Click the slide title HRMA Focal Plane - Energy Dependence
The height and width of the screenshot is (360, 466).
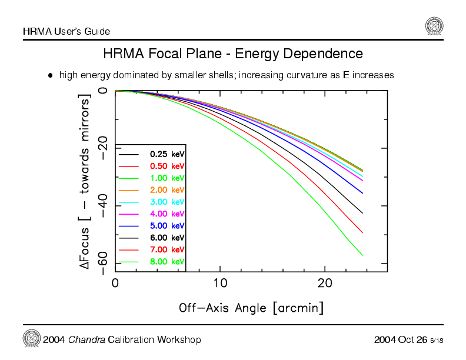(x=233, y=54)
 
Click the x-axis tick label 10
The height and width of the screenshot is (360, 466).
(x=220, y=284)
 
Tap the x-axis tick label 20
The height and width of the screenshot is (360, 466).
(x=325, y=284)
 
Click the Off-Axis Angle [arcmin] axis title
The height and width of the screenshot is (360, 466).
(x=251, y=308)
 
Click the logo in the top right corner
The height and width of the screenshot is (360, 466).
(x=434, y=26)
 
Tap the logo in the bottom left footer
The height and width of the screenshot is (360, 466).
(x=31, y=338)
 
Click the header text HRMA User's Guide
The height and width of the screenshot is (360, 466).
(x=66, y=31)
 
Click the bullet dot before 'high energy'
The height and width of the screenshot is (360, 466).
(x=51, y=75)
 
